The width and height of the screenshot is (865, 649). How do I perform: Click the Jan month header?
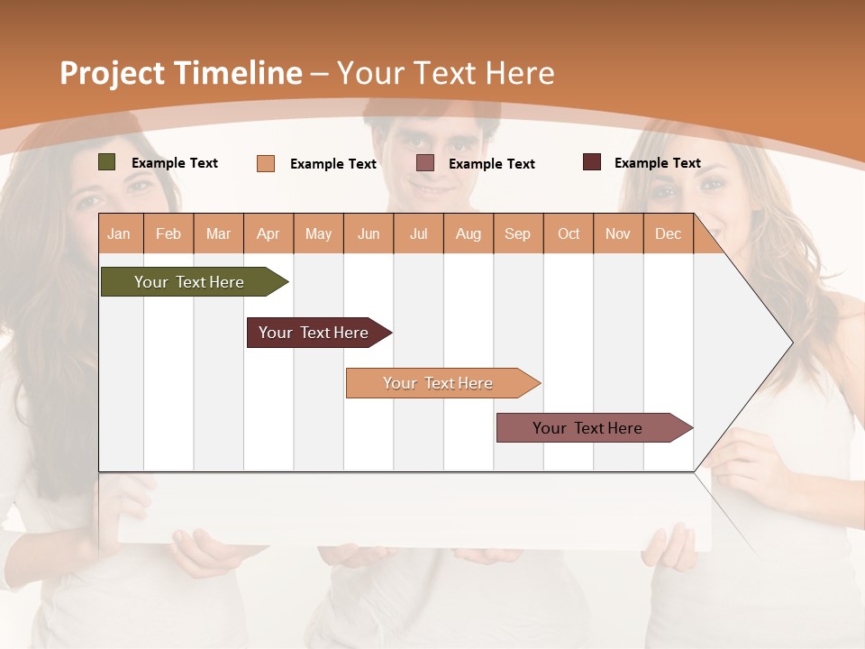[x=119, y=233]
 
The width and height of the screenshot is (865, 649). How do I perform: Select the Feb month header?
[x=168, y=233]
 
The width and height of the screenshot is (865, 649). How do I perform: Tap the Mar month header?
[x=218, y=233]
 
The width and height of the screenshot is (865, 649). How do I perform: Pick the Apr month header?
[x=269, y=233]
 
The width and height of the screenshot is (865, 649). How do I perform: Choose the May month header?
[x=318, y=233]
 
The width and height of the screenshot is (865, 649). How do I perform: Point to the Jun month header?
[x=369, y=233]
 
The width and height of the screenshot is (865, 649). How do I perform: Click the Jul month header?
[x=418, y=233]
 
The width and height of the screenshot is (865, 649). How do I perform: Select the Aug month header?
[x=469, y=233]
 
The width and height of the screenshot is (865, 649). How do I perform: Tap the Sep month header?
[x=518, y=233]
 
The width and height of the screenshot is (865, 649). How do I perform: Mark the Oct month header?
[x=569, y=233]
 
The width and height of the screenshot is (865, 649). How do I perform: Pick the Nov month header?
[x=618, y=233]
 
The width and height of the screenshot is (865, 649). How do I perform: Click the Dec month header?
[x=669, y=233]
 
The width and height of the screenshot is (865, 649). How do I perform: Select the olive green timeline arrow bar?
[x=189, y=282]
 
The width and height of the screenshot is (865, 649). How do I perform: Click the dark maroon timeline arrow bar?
[x=314, y=333]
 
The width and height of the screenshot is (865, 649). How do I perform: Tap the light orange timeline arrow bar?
[x=438, y=383]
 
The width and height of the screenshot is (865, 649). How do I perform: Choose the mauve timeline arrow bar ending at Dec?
[x=587, y=428]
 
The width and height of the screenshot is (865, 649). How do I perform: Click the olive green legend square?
[x=107, y=162]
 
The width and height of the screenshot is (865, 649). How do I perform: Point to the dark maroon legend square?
[x=591, y=162]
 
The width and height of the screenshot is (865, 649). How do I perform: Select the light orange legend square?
[x=266, y=163]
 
